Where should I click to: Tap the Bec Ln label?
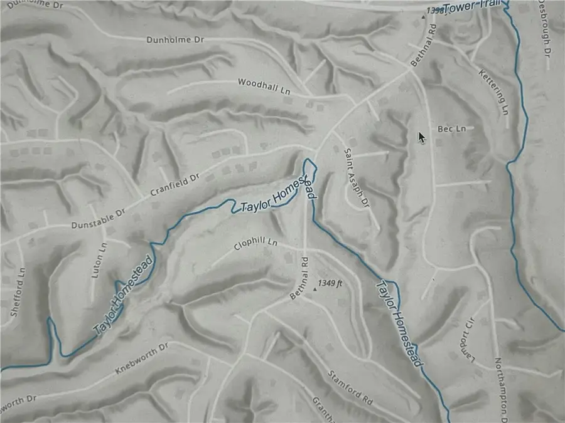(x=452, y=128)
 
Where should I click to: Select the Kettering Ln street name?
(x=493, y=92)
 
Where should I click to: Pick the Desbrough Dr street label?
(x=544, y=28)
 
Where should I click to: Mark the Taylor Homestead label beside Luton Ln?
(x=124, y=295)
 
